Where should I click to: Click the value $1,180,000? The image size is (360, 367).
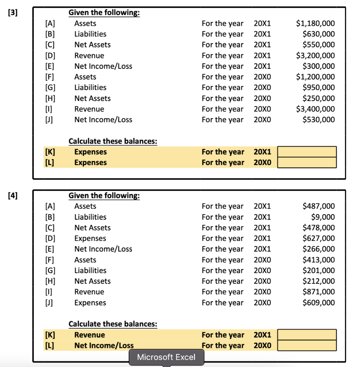tap(315, 24)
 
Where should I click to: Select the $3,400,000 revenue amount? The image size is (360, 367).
tap(315, 109)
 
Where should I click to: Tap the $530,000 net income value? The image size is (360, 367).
tap(319, 120)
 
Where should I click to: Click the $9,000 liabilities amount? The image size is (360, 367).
tap(323, 217)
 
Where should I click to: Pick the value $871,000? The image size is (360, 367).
tap(319, 292)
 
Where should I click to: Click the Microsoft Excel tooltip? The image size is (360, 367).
tap(166, 357)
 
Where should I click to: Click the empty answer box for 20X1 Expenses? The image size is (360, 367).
tap(307, 152)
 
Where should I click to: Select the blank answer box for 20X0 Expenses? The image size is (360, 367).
tap(307, 163)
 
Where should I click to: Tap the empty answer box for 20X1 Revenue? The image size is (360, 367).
tap(307, 335)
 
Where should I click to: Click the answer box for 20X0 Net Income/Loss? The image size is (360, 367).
tap(307, 345)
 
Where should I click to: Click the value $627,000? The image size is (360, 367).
tap(319, 238)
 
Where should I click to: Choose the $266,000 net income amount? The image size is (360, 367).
tap(319, 249)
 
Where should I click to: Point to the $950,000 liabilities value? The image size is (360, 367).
tap(319, 87)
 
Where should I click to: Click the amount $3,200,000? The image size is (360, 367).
tap(315, 56)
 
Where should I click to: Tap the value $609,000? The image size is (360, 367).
tap(319, 302)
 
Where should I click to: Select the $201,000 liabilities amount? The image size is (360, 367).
tap(319, 271)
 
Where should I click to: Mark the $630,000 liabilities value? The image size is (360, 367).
tap(319, 34)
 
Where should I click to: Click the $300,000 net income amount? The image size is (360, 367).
tap(319, 66)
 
